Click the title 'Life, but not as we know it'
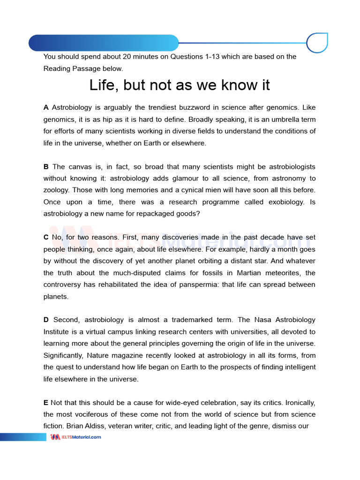(x=180, y=85)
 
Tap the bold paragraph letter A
(x=46, y=108)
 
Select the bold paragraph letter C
(x=46, y=238)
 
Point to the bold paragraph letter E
(x=45, y=403)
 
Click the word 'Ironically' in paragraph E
(x=297, y=403)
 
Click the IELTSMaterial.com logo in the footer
(x=75, y=437)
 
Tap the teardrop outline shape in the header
(x=317, y=43)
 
